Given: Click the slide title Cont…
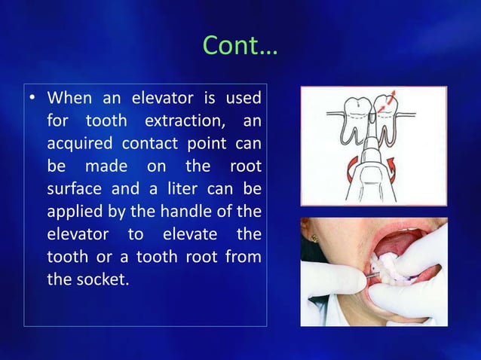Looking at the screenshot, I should (x=240, y=47).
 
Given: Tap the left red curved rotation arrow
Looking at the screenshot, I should (x=340, y=167).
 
